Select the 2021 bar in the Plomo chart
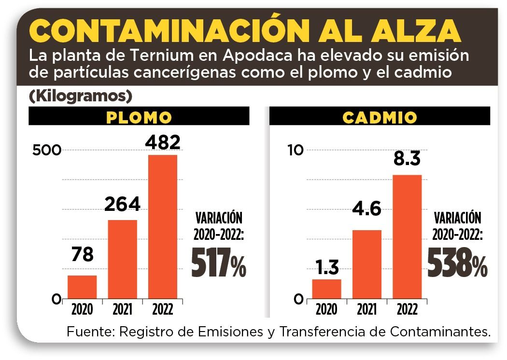pyautogui.click(x=122, y=259)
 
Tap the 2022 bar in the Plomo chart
pyautogui.click(x=162, y=226)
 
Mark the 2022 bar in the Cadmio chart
pyautogui.click(x=407, y=236)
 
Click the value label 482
pyautogui.click(x=163, y=142)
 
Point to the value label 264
pyautogui.click(x=123, y=204)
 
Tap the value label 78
pyautogui.click(x=82, y=254)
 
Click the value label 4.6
pyautogui.click(x=367, y=210)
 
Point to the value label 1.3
pyautogui.click(x=326, y=267)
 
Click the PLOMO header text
pyautogui.click(x=139, y=117)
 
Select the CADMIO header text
pyautogui.click(x=380, y=117)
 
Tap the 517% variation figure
pyautogui.click(x=219, y=263)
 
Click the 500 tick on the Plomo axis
pyautogui.click(x=47, y=150)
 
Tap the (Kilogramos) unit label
pyautogui.click(x=81, y=96)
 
